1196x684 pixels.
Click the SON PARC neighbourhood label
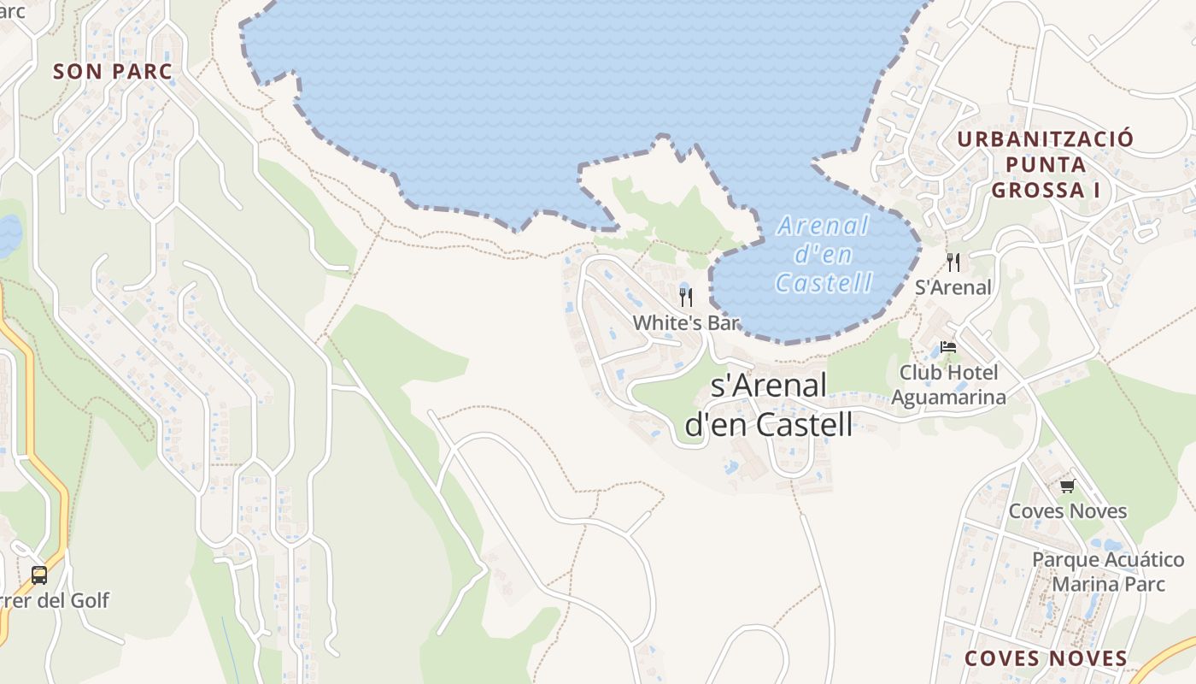[x=113, y=72]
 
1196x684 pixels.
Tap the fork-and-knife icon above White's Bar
[x=685, y=297]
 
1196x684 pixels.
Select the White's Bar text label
[x=685, y=322]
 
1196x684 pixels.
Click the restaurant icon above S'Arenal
[x=953, y=262]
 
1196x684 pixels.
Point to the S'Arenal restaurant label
[x=953, y=287]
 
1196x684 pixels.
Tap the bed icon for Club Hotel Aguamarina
[x=948, y=347]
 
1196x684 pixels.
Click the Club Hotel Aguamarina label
[x=948, y=385]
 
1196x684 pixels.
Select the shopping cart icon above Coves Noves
[x=1067, y=486]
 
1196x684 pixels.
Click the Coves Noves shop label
[x=1068, y=511]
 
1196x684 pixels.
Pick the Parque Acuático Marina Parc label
[x=1108, y=572]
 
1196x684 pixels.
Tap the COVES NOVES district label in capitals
[x=1046, y=658]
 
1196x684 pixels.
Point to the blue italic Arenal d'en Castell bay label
[x=823, y=254]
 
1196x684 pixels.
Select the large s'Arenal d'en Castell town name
[x=769, y=404]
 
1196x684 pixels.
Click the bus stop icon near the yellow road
[x=39, y=575]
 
